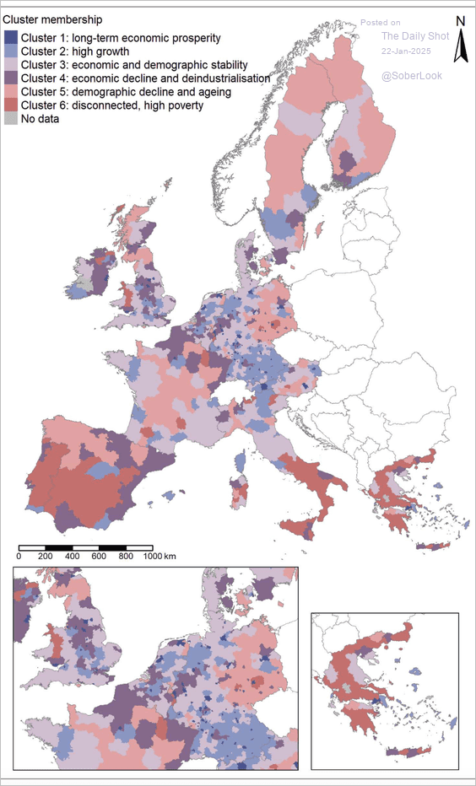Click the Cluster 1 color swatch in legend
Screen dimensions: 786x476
click(x=10, y=38)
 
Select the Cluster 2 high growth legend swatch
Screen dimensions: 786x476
click(x=10, y=51)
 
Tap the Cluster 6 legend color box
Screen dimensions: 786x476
click(x=10, y=105)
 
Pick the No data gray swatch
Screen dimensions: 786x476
click(x=10, y=119)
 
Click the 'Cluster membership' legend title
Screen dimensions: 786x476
click(x=53, y=19)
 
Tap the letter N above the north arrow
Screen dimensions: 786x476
click(x=461, y=21)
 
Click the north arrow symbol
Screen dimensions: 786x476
click(x=461, y=46)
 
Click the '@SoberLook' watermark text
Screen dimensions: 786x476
click(x=412, y=76)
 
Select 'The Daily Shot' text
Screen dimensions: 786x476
click(x=412, y=35)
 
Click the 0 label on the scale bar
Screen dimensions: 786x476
click(x=19, y=557)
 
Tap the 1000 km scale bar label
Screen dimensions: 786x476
click(x=159, y=557)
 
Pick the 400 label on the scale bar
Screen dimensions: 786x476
click(x=72, y=557)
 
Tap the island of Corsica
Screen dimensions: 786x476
click(x=242, y=460)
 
